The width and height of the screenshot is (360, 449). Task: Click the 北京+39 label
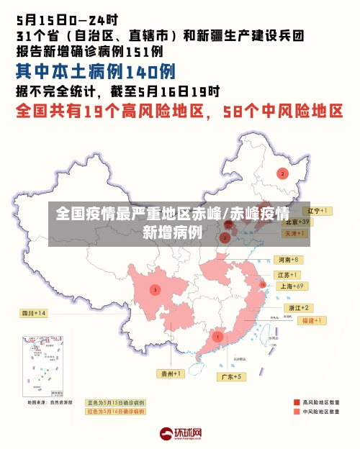295,222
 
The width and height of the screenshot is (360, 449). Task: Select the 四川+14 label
33,314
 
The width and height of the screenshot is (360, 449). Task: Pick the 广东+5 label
231,376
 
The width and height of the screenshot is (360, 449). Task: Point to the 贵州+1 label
171,373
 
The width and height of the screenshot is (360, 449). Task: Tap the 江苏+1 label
287,275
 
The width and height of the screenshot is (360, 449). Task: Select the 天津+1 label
296,234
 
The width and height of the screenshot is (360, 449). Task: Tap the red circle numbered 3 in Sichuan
155,290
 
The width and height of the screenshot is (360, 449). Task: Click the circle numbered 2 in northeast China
282,173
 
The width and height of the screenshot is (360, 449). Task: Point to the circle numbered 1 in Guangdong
217,336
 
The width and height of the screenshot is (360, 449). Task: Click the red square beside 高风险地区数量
297,402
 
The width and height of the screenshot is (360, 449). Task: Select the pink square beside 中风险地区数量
297,412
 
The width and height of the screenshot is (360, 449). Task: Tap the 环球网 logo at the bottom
180,434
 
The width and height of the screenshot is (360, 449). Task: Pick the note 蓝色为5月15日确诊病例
116,402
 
